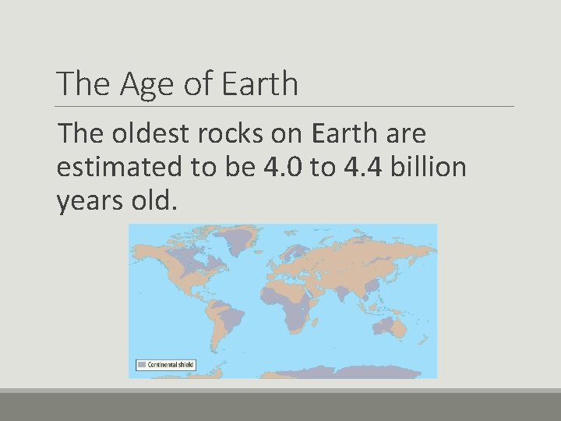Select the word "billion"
click(433, 168)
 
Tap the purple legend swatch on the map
click(141, 364)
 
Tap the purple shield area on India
click(342, 293)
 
